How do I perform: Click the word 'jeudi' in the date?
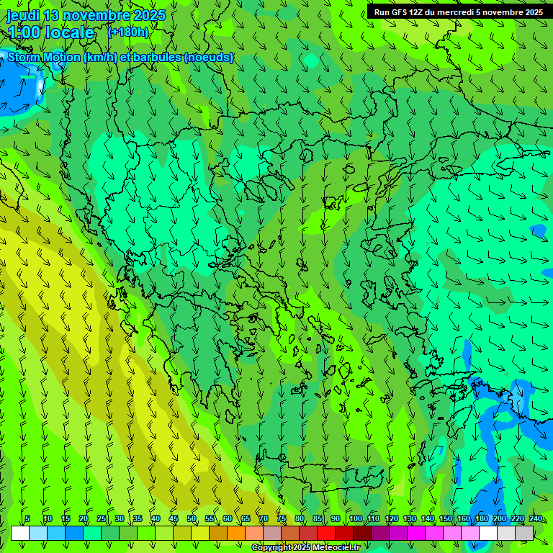click(x=23, y=15)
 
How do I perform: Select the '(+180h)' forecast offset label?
click(x=127, y=32)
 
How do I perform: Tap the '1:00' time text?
click(x=24, y=33)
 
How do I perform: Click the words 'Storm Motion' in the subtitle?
click(x=44, y=58)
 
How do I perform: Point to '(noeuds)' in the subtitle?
click(x=209, y=58)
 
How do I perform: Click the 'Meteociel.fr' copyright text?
click(x=333, y=548)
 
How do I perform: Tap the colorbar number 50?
click(x=192, y=519)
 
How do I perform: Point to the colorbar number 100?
click(x=355, y=519)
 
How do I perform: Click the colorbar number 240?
click(x=536, y=519)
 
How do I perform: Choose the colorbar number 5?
click(x=27, y=519)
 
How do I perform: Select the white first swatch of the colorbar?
click(x=20, y=533)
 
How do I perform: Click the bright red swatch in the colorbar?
click(x=326, y=533)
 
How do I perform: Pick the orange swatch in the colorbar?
click(x=236, y=533)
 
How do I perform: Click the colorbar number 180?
click(x=482, y=519)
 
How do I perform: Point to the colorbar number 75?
click(x=282, y=519)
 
